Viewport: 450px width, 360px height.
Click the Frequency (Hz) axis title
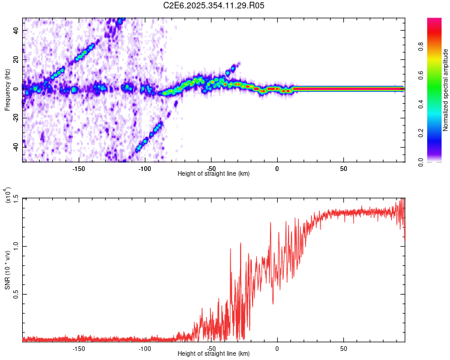coord(7,90)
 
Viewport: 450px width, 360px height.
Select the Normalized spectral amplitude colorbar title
coord(445,90)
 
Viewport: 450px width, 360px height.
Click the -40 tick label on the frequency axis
coord(16,146)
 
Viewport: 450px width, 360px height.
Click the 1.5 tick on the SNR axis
coord(16,198)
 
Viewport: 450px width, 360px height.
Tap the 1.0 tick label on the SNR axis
coord(16,246)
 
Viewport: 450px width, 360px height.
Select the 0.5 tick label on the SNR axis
coord(16,293)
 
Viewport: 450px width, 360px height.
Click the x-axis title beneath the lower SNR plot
coord(214,354)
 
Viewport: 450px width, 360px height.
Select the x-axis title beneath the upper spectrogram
coord(214,174)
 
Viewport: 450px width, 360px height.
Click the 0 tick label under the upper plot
coord(277,169)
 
